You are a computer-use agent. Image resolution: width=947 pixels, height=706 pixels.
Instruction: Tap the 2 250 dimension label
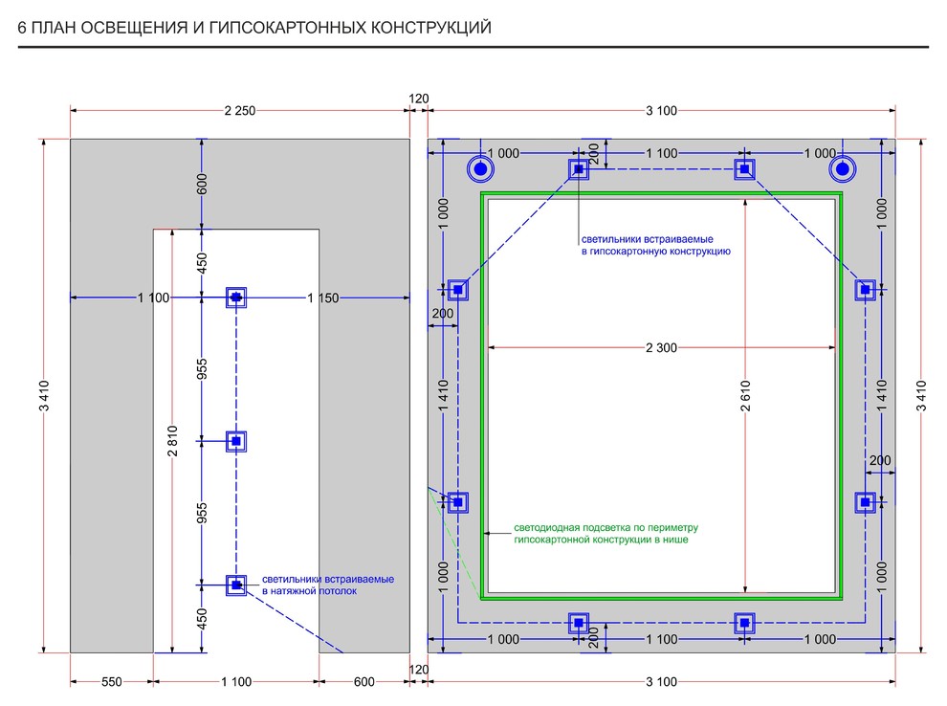[x=239, y=111]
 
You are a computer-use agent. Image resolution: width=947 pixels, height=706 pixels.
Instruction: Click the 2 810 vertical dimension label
[x=172, y=440]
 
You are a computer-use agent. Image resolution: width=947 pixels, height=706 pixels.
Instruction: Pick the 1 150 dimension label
[x=323, y=298]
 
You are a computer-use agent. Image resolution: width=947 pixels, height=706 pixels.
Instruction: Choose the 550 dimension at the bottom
[x=112, y=681]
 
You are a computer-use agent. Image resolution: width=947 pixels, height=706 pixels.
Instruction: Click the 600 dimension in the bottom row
[x=363, y=681]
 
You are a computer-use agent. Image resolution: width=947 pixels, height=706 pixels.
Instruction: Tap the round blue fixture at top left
[x=480, y=170]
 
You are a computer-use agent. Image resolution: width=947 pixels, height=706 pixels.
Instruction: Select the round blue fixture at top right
[x=842, y=170]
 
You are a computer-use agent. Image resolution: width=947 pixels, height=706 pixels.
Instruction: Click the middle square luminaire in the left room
[x=236, y=441]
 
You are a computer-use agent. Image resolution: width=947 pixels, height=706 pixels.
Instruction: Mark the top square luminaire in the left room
[x=236, y=298]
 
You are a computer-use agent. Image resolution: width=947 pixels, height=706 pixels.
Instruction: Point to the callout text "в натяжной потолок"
[x=309, y=592]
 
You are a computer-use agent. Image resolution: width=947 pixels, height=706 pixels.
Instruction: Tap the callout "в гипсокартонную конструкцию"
[x=656, y=252]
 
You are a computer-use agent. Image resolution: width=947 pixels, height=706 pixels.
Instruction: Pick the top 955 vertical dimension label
[x=202, y=369]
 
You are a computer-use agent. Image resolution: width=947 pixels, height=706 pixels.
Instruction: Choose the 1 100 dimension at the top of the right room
[x=662, y=154]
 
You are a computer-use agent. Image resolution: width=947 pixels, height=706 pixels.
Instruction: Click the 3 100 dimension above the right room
[x=661, y=111]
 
